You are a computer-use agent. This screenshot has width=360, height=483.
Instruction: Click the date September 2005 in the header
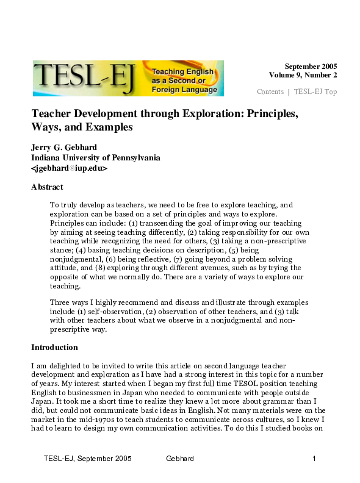coord(311,66)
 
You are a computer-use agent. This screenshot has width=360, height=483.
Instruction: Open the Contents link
coord(270,92)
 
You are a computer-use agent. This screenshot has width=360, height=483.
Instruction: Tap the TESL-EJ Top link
coord(315,92)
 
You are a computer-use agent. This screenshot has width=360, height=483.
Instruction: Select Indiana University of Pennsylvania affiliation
coord(96,157)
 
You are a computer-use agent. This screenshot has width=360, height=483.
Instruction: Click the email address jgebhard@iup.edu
coord(69,168)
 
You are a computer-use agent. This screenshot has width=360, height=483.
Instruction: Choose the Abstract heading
coord(47,187)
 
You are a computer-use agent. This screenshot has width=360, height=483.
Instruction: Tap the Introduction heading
coord(54,348)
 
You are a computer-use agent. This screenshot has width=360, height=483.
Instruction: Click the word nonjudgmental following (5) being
coord(76,259)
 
